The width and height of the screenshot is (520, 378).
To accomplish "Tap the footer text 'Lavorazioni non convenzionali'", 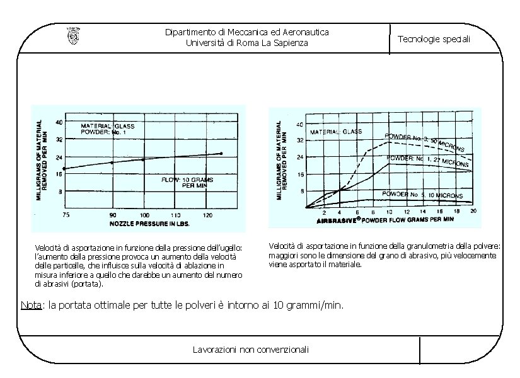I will pyautogui.click(x=250, y=349).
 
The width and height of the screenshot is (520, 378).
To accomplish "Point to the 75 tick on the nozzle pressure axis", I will pyautogui.click(x=66, y=215).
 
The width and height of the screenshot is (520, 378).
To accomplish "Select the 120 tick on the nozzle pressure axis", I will pyautogui.click(x=207, y=215).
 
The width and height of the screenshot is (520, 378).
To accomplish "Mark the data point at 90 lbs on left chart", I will pyautogui.click(x=112, y=163).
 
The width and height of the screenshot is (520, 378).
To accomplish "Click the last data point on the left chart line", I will pyautogui.click(x=221, y=153).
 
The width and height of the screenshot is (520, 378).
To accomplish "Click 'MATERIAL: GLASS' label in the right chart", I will pyautogui.click(x=336, y=132).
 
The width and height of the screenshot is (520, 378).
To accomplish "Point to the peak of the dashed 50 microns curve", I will pyautogui.click(x=390, y=142).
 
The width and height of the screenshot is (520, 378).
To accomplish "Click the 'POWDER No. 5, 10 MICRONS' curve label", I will pyautogui.click(x=423, y=195).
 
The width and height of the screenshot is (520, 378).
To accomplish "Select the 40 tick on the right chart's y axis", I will pyautogui.click(x=300, y=123).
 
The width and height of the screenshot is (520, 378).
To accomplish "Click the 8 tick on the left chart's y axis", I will pyautogui.click(x=59, y=191).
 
